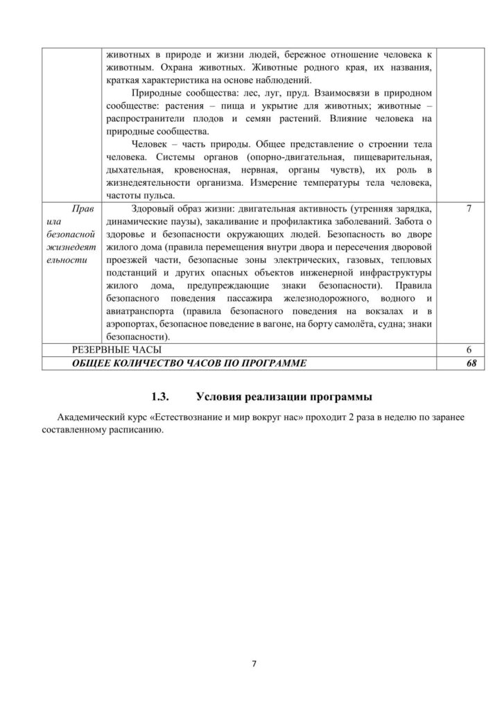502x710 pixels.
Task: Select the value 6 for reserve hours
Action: [471, 349]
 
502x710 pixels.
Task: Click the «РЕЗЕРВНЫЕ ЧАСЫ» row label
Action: [116, 349]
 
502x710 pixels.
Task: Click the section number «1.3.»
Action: [161, 397]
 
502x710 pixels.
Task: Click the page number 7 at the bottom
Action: [254, 664]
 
